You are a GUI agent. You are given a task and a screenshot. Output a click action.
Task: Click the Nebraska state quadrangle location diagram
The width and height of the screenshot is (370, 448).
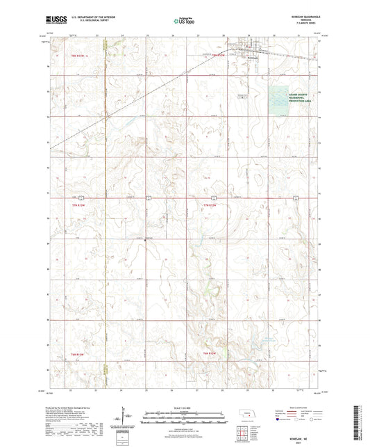247,419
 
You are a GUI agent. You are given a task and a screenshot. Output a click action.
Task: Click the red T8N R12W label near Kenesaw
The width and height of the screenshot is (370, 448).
219,53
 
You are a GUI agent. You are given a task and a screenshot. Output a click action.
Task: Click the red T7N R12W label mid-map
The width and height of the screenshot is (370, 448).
210,205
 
